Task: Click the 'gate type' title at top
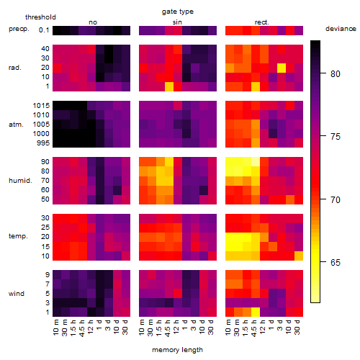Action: pyautogui.click(x=178, y=12)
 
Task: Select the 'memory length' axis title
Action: pyautogui.click(x=177, y=350)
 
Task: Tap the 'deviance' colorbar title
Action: pyautogui.click(x=341, y=29)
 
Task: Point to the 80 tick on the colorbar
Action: pyautogui.click(x=323, y=73)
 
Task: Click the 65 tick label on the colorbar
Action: pyautogui.click(x=336, y=262)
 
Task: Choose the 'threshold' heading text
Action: pyautogui.click(x=40, y=17)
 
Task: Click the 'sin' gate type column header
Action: pyautogui.click(x=177, y=22)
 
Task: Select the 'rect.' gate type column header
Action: pyautogui.click(x=261, y=22)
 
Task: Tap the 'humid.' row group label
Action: pyautogui.click(x=20, y=180)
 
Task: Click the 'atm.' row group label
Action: pyautogui.click(x=16, y=125)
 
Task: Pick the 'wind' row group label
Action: pyautogui.click(x=17, y=294)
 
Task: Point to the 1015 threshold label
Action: pyautogui.click(x=41, y=106)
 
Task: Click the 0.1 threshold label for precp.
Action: pyautogui.click(x=44, y=30)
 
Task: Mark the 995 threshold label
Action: pyautogui.click(x=43, y=143)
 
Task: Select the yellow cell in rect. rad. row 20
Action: pyautogui.click(x=282, y=68)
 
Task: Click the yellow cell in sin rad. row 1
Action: pyautogui.click(x=169, y=86)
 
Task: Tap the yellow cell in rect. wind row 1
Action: pyautogui.click(x=256, y=312)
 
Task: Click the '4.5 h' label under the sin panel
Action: pyautogui.click(x=168, y=328)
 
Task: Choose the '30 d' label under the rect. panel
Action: pyautogui.click(x=297, y=327)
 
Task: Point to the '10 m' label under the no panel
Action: pyautogui.click(x=55, y=328)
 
